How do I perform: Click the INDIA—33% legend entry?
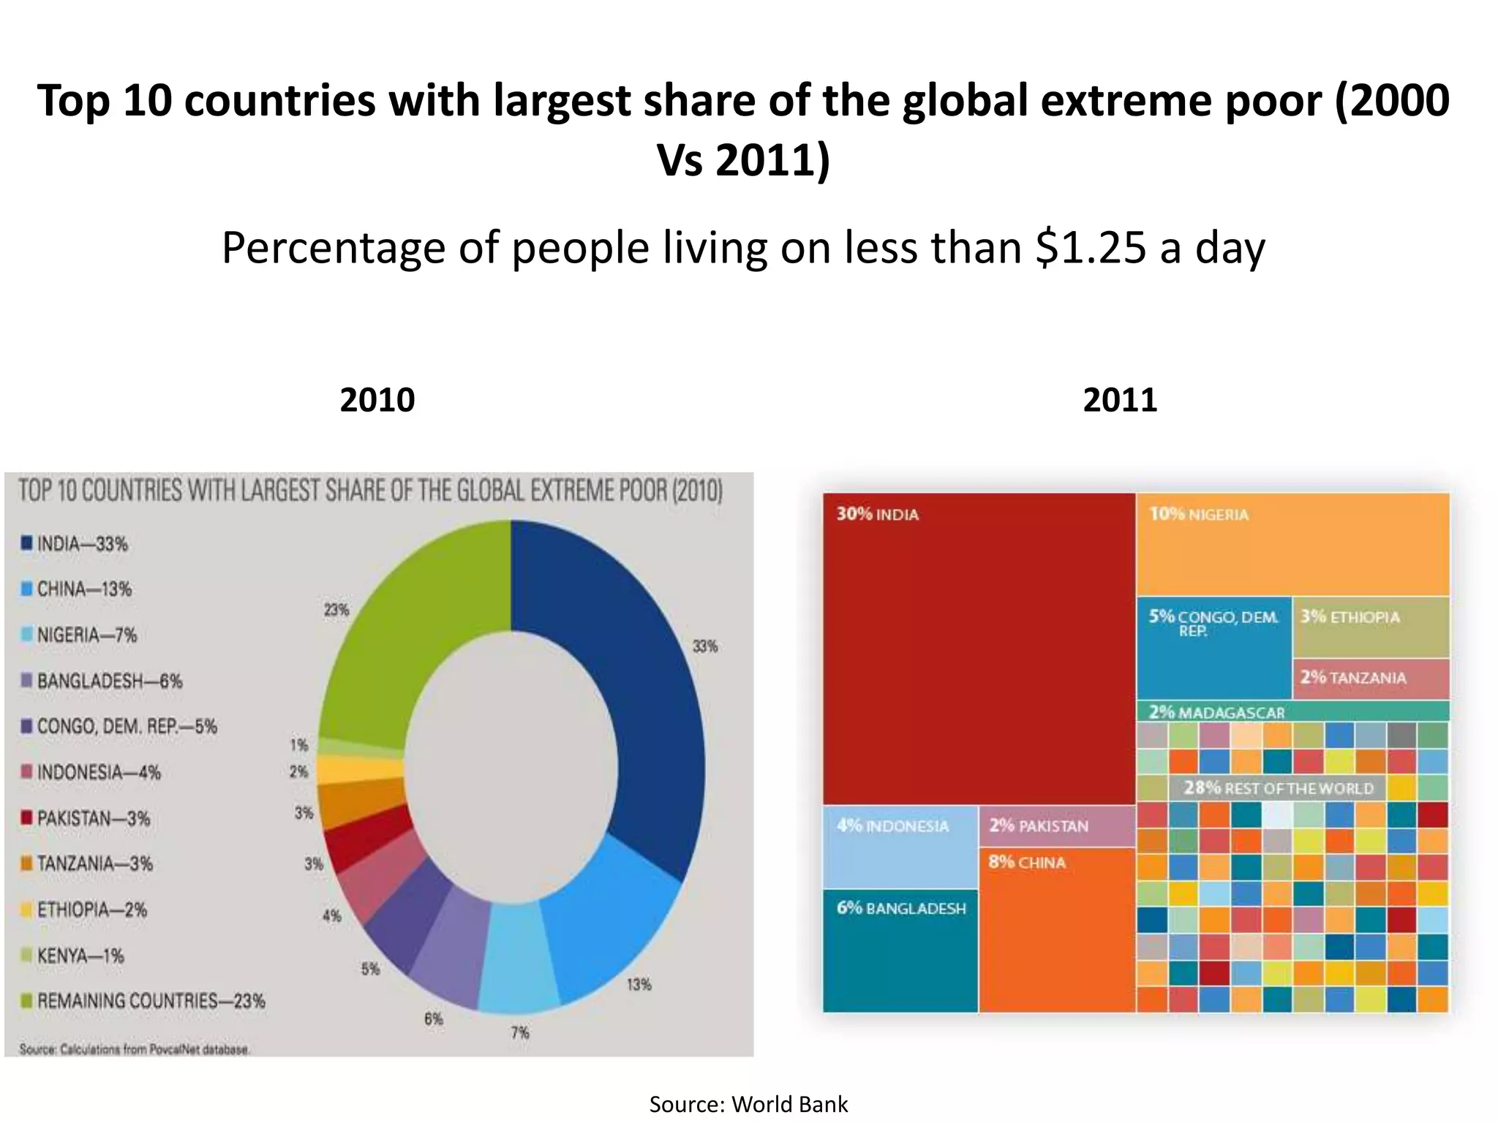click(x=82, y=544)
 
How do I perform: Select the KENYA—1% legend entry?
click(x=80, y=956)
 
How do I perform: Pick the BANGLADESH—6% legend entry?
click(x=109, y=681)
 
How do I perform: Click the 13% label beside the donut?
click(x=639, y=984)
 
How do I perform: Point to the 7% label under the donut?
click(x=520, y=1032)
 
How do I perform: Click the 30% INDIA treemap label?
click(x=877, y=515)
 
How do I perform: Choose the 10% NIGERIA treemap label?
click(x=1199, y=515)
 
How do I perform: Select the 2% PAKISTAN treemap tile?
click(x=1056, y=826)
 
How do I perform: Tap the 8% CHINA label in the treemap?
click(x=1027, y=863)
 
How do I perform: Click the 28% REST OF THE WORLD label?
click(x=1279, y=788)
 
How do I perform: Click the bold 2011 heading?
click(x=1120, y=400)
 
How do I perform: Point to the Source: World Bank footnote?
click(x=748, y=1104)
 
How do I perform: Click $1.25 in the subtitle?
click(x=1091, y=248)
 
